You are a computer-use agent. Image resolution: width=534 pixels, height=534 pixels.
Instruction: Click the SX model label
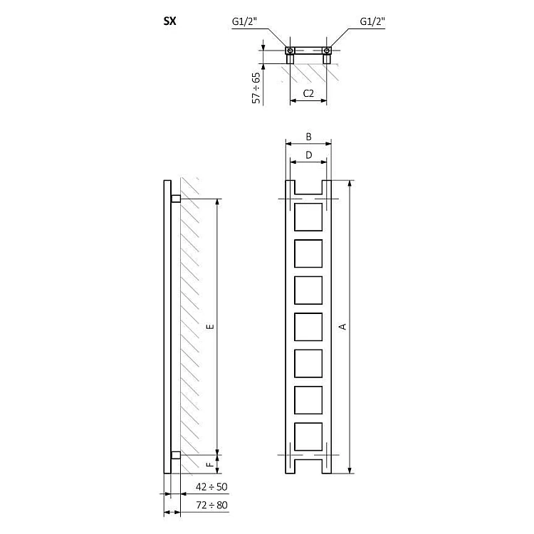pos(169,21)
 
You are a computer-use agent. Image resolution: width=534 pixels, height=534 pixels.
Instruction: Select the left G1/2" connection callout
pos(244,22)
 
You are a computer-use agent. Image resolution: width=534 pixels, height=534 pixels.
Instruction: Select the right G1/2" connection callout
pos(372,22)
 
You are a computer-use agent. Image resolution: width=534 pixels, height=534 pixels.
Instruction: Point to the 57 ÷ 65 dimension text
pos(256,88)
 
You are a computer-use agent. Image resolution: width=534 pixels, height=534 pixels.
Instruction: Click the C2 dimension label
pos(308,93)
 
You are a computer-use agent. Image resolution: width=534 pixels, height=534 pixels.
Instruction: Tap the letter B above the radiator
pos(308,137)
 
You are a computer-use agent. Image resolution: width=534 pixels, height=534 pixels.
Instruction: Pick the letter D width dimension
pos(308,155)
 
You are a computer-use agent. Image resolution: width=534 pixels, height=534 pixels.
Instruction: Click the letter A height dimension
pos(343,327)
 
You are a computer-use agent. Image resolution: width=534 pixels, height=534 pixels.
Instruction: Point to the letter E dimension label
pos(211,327)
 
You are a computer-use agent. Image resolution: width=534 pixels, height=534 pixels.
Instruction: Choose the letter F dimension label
pos(211,464)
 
